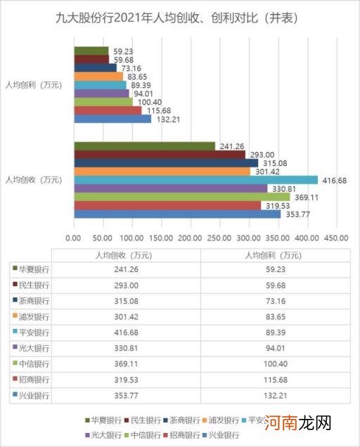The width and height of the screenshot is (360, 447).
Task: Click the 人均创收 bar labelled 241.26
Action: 144,145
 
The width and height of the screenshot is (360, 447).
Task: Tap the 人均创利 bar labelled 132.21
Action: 112,119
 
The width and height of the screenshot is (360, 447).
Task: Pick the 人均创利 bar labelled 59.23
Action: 91,51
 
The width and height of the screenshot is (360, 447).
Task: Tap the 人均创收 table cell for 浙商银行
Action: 127,301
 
